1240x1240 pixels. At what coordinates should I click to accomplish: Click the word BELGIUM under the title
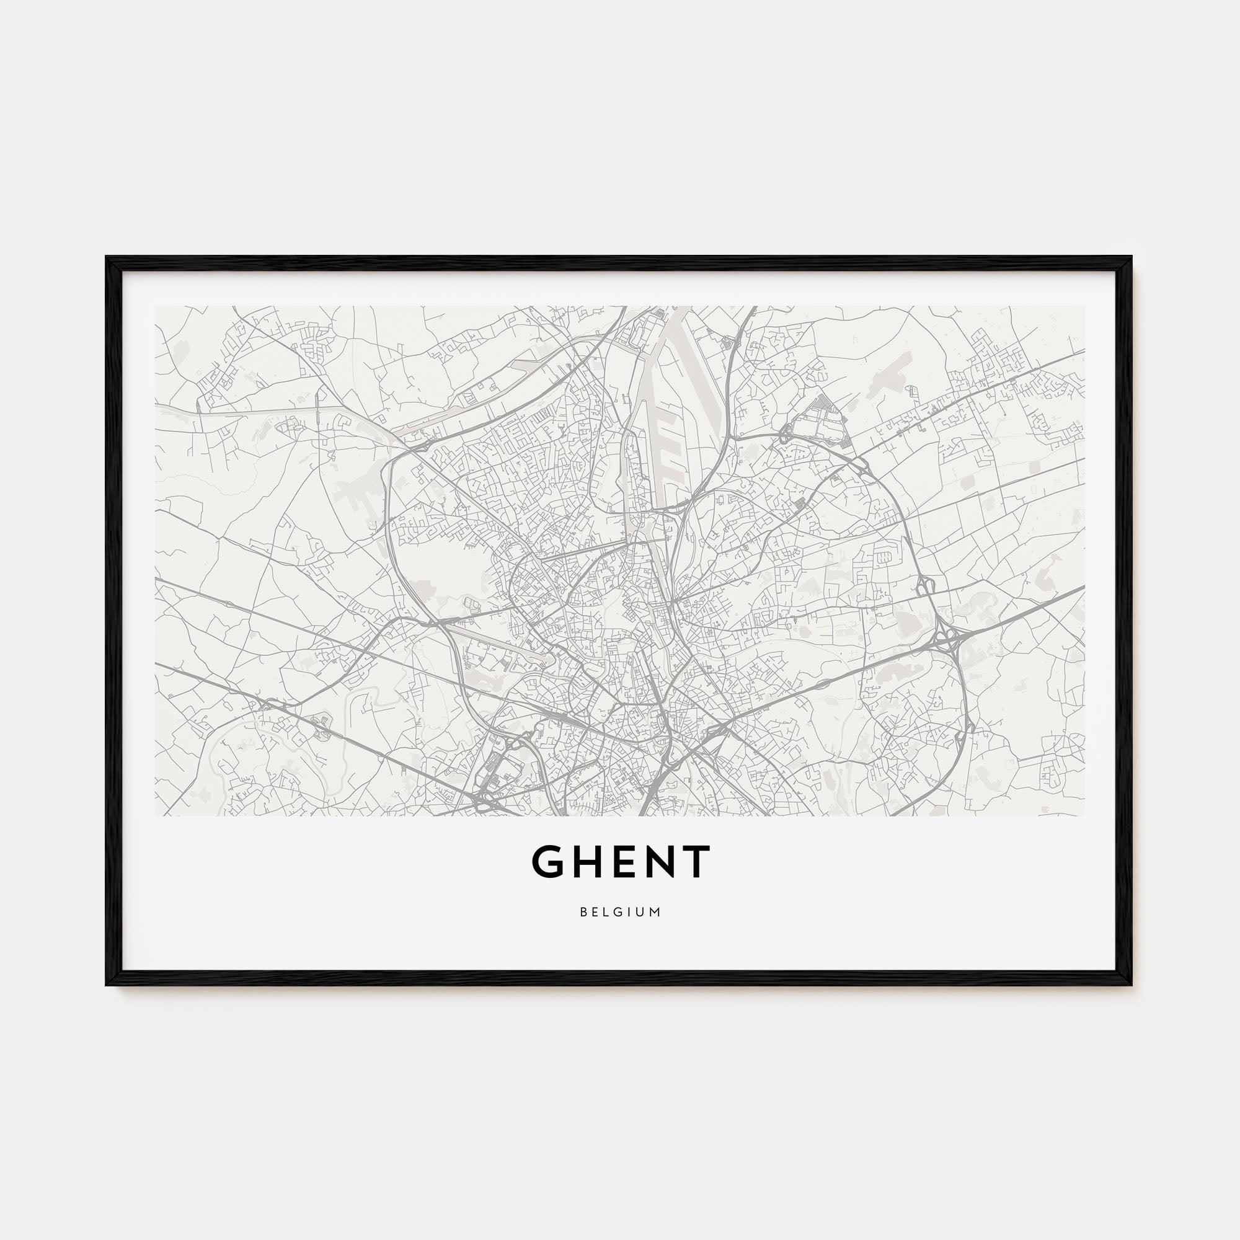[620, 912]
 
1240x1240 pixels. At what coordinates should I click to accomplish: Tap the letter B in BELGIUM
[583, 912]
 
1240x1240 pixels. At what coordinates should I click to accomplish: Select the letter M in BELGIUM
[655, 912]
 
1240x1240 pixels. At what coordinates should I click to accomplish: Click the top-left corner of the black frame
[107, 258]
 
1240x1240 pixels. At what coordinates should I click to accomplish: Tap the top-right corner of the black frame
[1131, 258]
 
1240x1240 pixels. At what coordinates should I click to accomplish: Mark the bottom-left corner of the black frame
[107, 984]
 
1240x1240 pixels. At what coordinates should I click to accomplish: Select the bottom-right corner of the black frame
[1131, 984]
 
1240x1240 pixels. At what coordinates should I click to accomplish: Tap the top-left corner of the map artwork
[156, 306]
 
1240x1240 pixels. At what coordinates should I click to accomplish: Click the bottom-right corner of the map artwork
[1084, 816]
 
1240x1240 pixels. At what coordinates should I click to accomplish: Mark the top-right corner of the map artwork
[1084, 306]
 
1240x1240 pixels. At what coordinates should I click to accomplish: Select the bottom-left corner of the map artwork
[156, 816]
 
